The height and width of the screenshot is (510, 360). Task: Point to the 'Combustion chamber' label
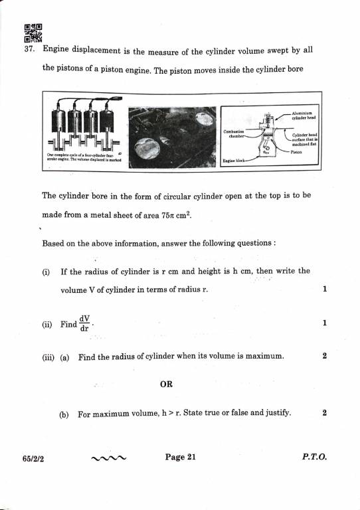(x=234, y=133)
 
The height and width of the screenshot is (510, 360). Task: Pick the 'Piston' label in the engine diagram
(x=297, y=151)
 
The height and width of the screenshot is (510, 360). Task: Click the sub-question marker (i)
(x=46, y=271)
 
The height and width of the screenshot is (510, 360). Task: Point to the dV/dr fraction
(x=85, y=323)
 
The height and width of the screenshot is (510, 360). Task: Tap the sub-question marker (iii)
(x=48, y=357)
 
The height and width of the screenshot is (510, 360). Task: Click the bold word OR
(x=167, y=384)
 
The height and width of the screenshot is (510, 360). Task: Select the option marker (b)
(x=64, y=414)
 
